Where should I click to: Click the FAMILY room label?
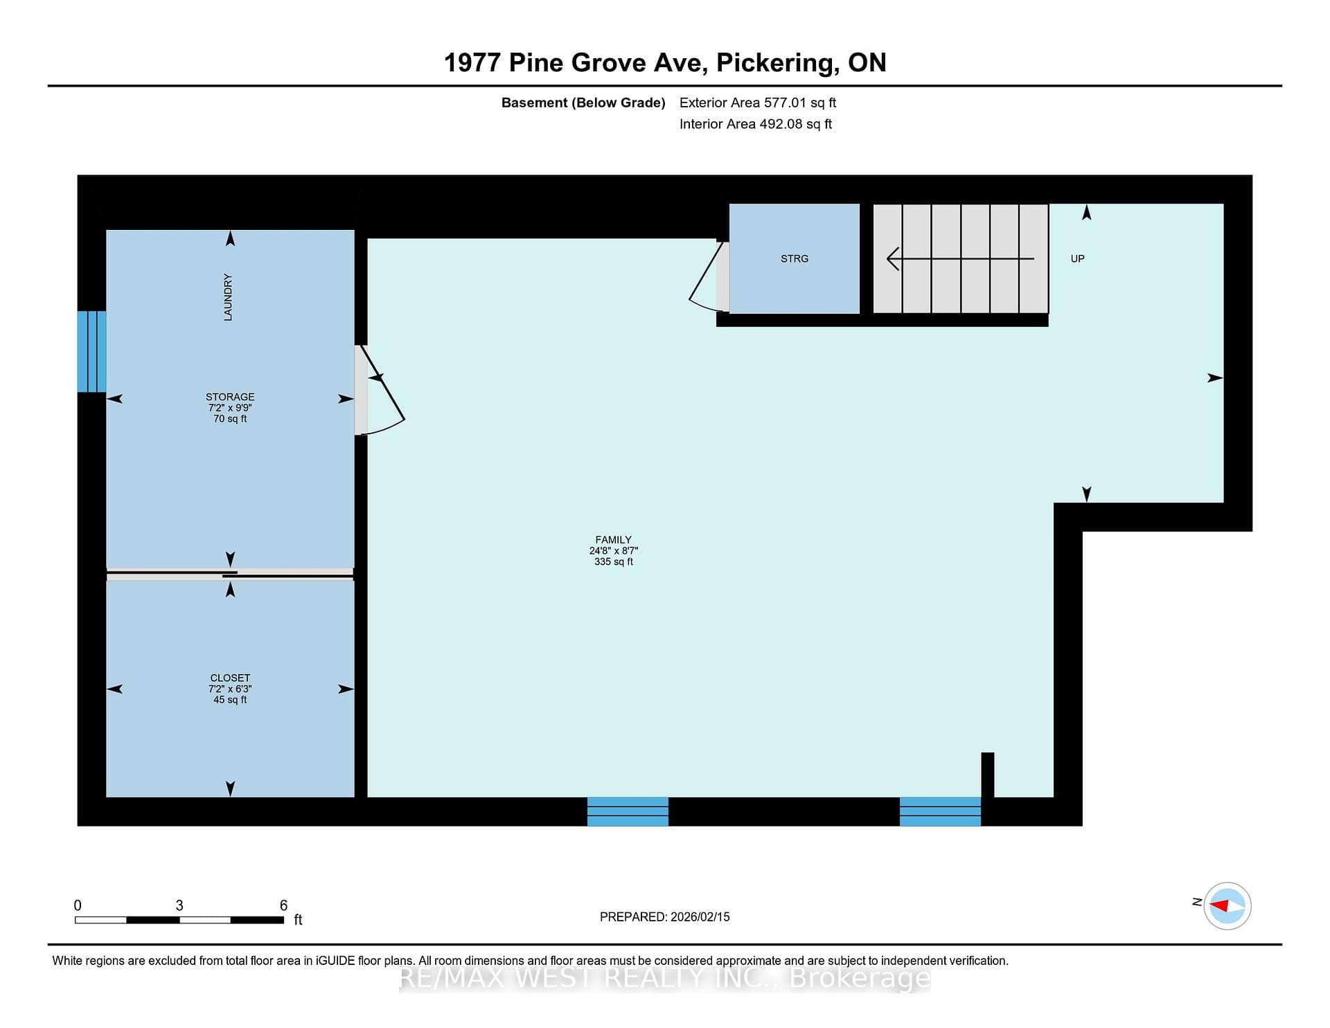[613, 540]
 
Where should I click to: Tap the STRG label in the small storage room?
[795, 258]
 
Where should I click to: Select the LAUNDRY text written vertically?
[228, 297]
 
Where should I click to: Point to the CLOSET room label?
[230, 677]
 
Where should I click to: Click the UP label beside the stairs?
[1077, 258]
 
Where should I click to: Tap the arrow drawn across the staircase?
[961, 259]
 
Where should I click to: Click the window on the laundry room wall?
[91, 351]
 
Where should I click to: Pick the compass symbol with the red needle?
[1227, 905]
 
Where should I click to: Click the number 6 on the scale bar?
[283, 905]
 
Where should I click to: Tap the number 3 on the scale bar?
[179, 905]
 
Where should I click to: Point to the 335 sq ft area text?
[613, 562]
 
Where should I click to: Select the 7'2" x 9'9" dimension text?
[230, 408]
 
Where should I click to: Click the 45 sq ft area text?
[230, 700]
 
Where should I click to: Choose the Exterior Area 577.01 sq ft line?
[758, 103]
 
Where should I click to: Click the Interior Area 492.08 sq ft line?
[756, 124]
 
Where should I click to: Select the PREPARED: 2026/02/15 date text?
[665, 916]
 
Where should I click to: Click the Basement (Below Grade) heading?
[583, 103]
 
